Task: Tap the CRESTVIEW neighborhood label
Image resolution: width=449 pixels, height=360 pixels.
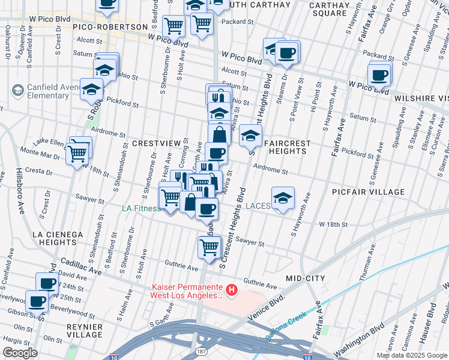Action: (x=156, y=143)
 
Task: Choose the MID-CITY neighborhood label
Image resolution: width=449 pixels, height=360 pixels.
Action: (x=306, y=278)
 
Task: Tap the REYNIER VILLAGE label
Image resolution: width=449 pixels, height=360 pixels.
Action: (x=85, y=330)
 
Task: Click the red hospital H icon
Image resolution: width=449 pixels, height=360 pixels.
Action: (x=232, y=292)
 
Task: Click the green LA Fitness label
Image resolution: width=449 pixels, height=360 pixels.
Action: (x=141, y=209)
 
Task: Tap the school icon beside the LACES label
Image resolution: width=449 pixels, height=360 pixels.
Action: (x=283, y=199)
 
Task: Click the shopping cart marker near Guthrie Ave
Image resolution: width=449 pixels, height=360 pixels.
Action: (x=209, y=247)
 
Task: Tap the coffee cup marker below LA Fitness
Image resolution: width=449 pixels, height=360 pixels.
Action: (x=207, y=209)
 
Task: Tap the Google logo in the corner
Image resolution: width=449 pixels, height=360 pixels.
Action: (x=20, y=353)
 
